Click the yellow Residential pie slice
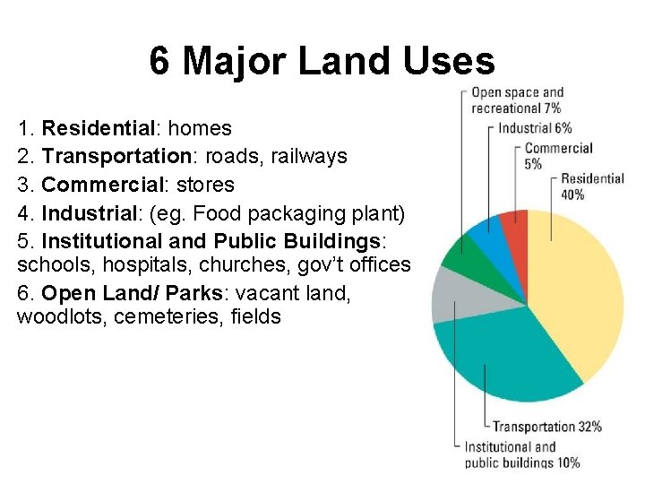(578, 287)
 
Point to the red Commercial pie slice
(515, 224)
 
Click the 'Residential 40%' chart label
(592, 186)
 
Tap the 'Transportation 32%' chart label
(547, 427)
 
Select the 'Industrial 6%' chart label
(535, 128)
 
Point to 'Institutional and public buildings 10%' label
(520, 454)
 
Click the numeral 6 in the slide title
(159, 61)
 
